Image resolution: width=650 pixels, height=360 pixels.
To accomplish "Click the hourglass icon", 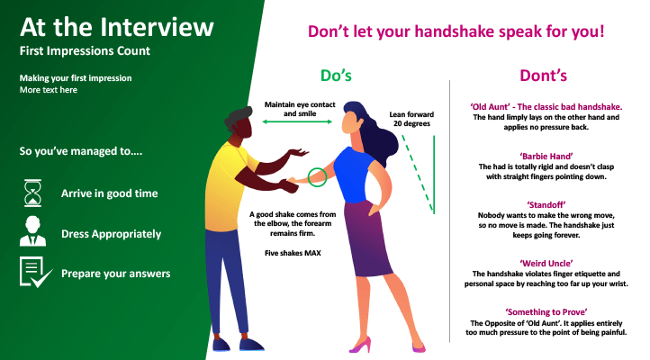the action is click(32, 193).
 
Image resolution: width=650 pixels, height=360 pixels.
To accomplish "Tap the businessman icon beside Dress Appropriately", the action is click(32, 231).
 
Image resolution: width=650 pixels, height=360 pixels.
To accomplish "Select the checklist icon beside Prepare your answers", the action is click(36, 272).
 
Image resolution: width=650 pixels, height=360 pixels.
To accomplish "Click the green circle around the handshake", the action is click(317, 168).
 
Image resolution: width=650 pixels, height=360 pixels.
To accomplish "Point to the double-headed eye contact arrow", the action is click(297, 121).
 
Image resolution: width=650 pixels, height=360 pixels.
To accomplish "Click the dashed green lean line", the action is click(418, 174).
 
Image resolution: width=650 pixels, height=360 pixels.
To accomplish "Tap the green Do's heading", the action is click(336, 76).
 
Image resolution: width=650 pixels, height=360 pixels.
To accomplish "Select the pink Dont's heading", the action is click(543, 76).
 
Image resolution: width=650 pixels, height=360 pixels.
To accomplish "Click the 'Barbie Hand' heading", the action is click(546, 157).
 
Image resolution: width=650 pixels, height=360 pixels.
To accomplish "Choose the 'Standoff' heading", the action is click(546, 204).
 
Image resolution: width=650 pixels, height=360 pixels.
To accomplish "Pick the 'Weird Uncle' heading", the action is click(546, 264).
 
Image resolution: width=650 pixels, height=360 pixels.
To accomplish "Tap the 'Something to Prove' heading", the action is click(546, 312).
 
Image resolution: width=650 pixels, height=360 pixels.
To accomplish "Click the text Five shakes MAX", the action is click(293, 253).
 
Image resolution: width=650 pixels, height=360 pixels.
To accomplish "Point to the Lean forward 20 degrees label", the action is click(411, 119).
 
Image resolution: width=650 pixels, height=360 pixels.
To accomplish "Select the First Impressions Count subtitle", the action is click(85, 51).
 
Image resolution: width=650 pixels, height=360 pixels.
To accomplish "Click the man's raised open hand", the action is click(299, 152).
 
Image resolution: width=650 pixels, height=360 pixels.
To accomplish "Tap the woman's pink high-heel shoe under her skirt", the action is click(359, 345).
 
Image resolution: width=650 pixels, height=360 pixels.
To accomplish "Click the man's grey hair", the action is click(238, 116).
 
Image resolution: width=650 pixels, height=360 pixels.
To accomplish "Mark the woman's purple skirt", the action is click(368, 239).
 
